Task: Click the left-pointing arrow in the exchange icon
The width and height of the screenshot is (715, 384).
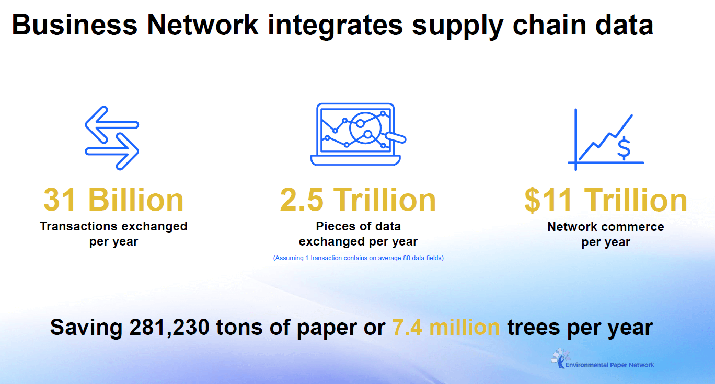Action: [107, 125]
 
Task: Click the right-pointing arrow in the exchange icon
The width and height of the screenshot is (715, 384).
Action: [117, 151]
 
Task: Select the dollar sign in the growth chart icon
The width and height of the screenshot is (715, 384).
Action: [623, 148]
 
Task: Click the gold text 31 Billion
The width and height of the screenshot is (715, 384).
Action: [113, 200]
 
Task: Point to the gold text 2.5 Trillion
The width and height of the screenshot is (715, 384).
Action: [358, 200]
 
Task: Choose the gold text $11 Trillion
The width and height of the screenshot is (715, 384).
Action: [606, 200]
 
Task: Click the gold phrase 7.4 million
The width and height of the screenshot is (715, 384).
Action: [446, 328]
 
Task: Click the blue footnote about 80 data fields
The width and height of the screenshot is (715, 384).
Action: [358, 258]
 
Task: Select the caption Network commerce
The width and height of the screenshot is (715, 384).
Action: [606, 227]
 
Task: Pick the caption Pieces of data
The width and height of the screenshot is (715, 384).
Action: [358, 226]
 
